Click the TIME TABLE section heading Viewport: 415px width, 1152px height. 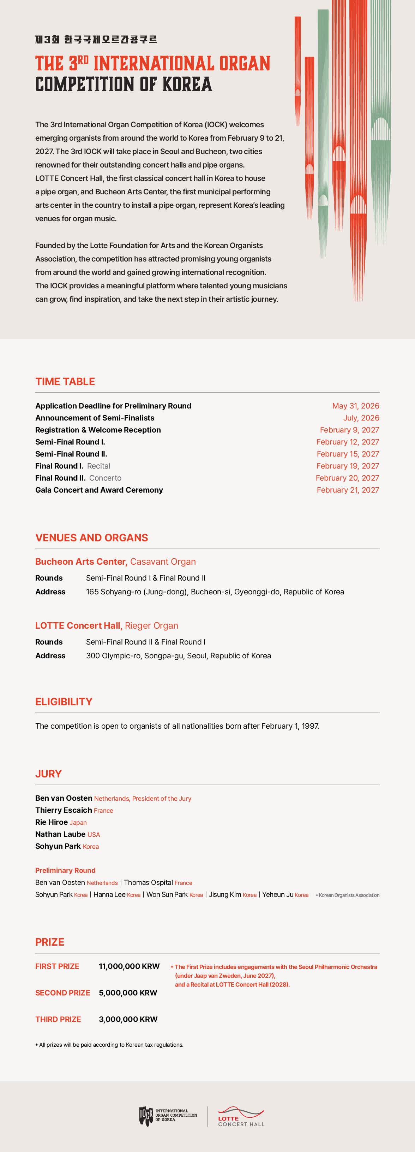tap(65, 381)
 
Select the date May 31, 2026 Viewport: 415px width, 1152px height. tap(356, 406)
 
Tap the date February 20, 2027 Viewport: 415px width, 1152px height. tap(347, 478)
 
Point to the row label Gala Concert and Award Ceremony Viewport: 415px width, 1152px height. tap(99, 490)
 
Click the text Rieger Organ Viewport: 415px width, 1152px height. tap(151, 625)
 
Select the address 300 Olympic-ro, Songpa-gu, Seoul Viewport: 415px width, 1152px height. tap(178, 655)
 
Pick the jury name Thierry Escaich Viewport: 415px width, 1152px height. tap(64, 810)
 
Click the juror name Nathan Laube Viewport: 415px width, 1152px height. tap(60, 834)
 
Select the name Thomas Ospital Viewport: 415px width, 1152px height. tap(148, 882)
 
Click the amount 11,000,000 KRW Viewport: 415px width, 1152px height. tap(129, 966)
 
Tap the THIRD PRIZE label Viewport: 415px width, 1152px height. tap(58, 1019)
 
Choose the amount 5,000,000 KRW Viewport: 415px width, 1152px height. tap(128, 993)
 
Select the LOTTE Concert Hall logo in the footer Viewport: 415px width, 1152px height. tap(241, 1117)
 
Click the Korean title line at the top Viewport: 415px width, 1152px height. tap(96, 39)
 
